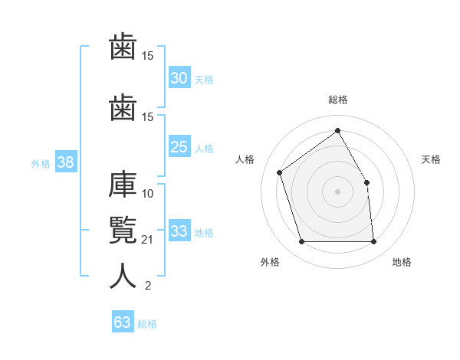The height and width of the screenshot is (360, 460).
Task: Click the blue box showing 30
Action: click(x=179, y=77)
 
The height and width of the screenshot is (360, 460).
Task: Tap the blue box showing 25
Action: click(x=179, y=146)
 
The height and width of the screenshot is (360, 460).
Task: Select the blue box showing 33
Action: click(x=179, y=230)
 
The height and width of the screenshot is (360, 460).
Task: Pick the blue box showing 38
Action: click(x=66, y=162)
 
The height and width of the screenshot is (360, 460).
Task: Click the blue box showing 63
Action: click(x=123, y=321)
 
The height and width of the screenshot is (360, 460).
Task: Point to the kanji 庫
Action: click(x=123, y=184)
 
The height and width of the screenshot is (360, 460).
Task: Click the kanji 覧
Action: click(x=123, y=230)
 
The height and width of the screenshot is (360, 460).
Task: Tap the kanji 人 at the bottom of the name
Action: click(x=123, y=276)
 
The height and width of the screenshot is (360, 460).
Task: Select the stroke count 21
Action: click(x=147, y=240)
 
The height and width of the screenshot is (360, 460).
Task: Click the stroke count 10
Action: click(x=147, y=194)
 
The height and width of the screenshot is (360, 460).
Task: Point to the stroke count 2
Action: click(x=148, y=285)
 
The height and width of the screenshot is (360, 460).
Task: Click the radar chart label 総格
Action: click(x=338, y=100)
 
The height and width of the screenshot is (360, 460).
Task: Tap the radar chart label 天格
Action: click(x=431, y=159)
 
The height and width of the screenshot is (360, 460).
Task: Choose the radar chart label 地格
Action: click(x=402, y=262)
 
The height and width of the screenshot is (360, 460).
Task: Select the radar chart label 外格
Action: click(x=270, y=262)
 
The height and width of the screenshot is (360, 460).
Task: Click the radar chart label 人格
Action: click(x=245, y=159)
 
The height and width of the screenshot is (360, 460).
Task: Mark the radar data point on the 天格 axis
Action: click(x=366, y=182)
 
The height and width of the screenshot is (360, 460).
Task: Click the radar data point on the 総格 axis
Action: click(x=337, y=130)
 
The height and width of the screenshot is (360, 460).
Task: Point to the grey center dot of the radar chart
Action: click(x=337, y=191)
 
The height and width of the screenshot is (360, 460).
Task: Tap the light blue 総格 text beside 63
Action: click(x=147, y=324)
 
